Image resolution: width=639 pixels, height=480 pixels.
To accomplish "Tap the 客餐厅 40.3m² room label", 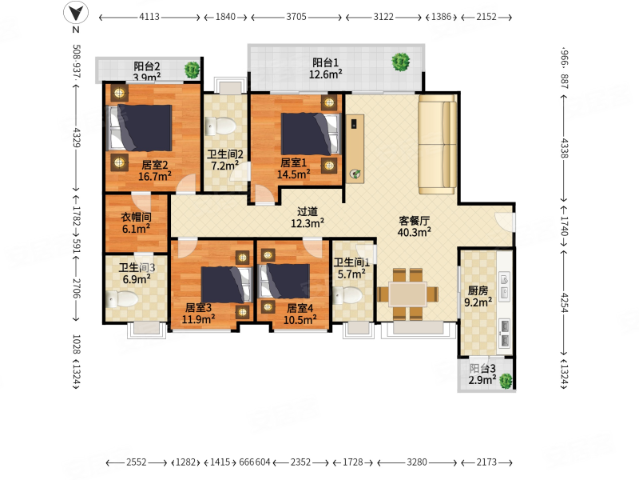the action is pos(414,226).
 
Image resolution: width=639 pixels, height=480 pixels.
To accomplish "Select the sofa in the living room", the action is pos(437,145).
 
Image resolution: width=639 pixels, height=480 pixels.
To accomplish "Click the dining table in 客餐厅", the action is pos(407,294).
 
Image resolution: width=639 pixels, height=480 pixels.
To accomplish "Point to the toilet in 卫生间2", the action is pos(220,126).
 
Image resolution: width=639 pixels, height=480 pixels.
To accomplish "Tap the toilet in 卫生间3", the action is pos(122,299).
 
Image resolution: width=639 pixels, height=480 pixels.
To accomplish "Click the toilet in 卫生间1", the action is pos(347,295).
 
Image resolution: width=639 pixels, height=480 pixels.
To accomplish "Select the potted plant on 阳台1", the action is pos(401,62).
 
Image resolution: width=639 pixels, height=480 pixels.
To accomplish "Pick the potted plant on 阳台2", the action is pos(192,70).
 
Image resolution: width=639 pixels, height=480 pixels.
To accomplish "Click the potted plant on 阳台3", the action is pos(506,381).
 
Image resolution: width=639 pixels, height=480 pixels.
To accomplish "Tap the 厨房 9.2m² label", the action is pos(478,296).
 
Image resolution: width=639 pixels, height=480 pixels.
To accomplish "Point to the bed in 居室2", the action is pos(140,128).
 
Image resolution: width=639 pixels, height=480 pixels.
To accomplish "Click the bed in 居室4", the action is pos(284,282).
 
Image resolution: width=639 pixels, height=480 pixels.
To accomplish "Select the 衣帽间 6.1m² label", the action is pos(136,223).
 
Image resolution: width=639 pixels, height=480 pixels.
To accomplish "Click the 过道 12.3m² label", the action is pos(308,217).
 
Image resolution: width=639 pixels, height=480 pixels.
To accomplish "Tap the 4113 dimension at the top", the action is pos(149,17).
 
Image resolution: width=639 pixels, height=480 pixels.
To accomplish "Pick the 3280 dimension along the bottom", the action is pos(417,462).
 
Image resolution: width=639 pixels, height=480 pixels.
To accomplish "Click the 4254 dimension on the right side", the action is pos(565,302).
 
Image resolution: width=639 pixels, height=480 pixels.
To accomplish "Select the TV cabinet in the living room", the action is pos(355,149).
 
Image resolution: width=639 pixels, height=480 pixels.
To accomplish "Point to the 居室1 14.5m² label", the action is pos(293,168).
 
